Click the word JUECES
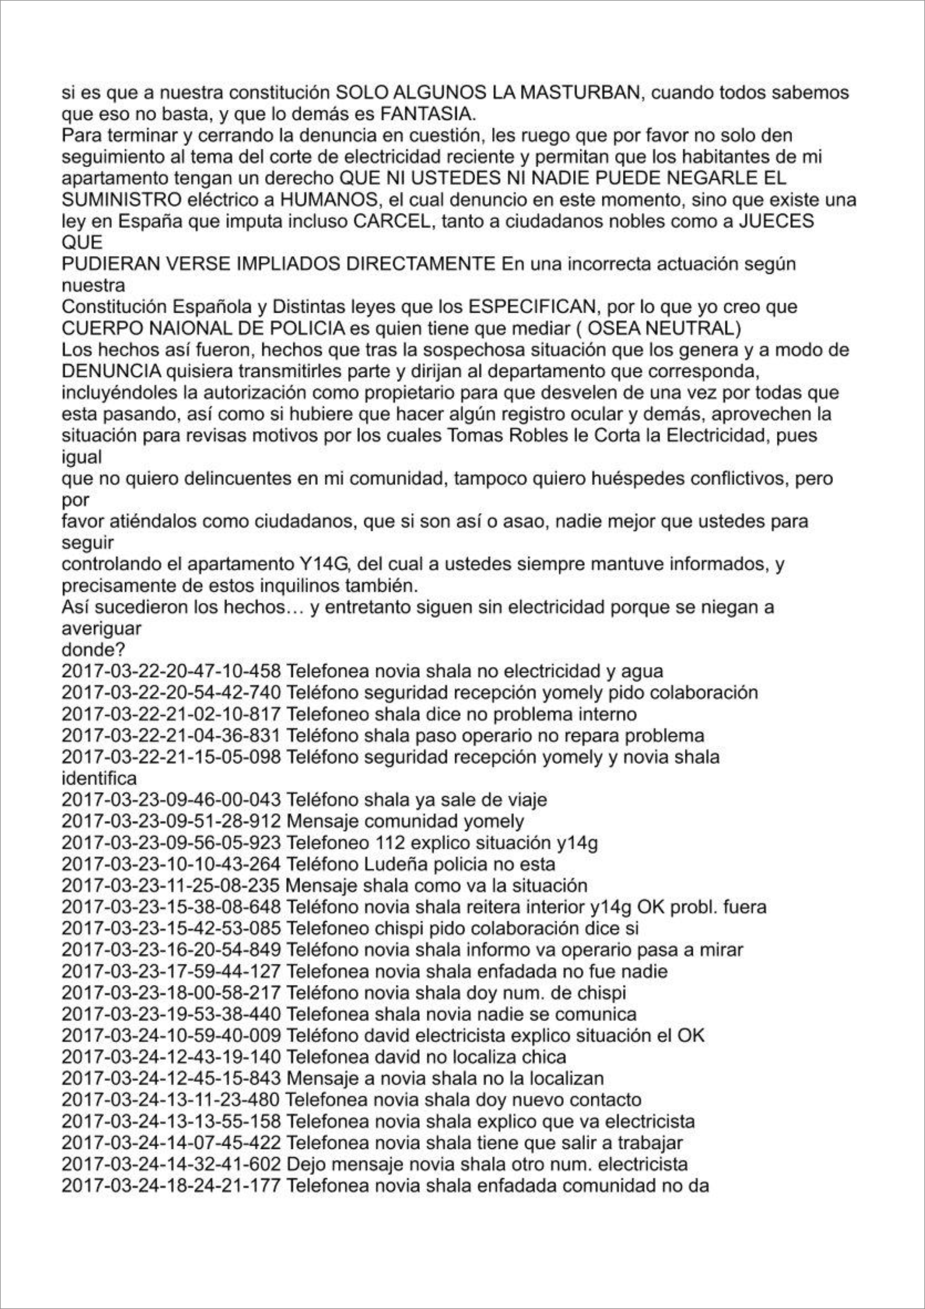776,221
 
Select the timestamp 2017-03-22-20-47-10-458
171,671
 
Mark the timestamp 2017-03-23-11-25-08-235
171,886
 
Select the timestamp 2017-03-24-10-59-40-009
171,1035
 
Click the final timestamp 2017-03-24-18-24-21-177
171,1186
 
